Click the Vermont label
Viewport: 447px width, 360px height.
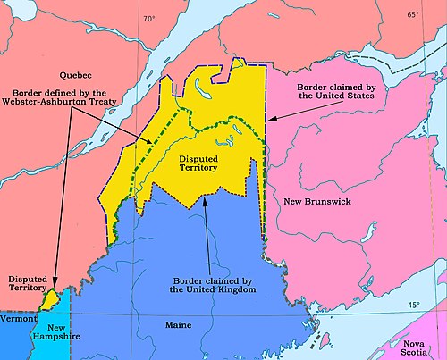click(17, 318)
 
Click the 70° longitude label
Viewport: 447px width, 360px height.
click(148, 18)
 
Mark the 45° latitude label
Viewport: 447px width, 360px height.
click(413, 305)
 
